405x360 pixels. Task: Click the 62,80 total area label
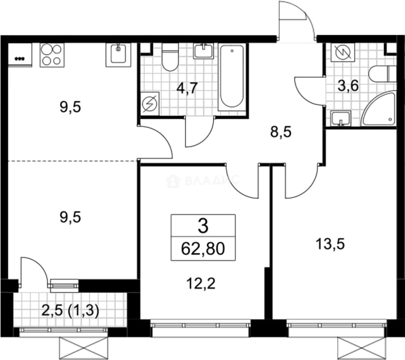[203, 249]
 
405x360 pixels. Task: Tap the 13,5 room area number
[330, 244]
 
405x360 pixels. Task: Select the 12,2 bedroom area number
[201, 284]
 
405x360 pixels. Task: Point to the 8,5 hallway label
[281, 132]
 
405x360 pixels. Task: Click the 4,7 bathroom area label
[187, 88]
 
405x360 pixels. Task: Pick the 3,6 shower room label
[348, 86]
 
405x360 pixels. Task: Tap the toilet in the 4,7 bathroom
[170, 57]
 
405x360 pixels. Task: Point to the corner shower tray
[379, 109]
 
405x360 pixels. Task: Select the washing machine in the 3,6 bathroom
[343, 52]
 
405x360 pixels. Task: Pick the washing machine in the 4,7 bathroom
[150, 104]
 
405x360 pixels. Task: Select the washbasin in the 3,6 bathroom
[340, 119]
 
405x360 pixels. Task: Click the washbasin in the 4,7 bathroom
[203, 51]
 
